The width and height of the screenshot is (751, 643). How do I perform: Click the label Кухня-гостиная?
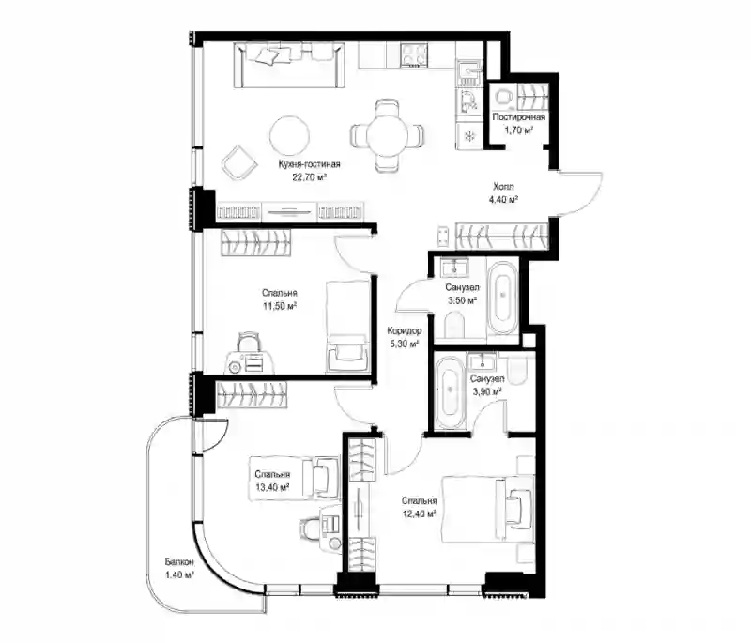[310, 164]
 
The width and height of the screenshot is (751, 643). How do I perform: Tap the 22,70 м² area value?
[310, 176]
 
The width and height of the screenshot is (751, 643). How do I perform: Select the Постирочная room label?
[519, 116]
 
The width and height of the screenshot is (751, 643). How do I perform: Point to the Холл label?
[503, 187]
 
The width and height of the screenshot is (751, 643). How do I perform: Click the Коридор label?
[405, 330]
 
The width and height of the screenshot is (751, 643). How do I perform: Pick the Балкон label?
[179, 561]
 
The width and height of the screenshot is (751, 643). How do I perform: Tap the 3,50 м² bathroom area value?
[462, 300]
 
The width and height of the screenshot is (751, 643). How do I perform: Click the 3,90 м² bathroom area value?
[487, 391]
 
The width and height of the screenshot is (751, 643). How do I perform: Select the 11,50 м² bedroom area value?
[279, 305]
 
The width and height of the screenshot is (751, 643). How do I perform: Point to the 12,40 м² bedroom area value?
[419, 513]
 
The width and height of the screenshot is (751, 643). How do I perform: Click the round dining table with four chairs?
[387, 135]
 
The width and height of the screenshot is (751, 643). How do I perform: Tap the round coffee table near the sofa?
[289, 135]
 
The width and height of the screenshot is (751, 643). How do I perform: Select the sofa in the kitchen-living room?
[290, 65]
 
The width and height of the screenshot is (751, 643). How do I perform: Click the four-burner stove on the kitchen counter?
[414, 54]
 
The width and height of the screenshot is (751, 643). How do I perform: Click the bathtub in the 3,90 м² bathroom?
[450, 390]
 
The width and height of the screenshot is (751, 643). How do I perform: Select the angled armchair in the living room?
[238, 161]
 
